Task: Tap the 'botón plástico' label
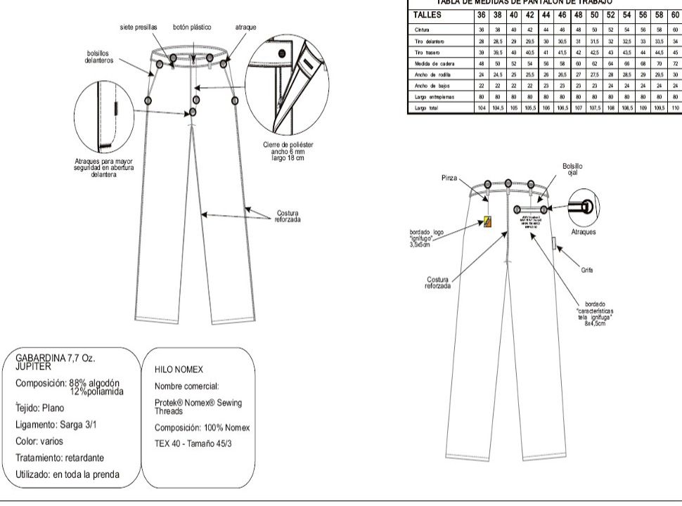(192, 27)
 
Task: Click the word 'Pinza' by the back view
(449, 178)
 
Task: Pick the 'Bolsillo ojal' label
(572, 170)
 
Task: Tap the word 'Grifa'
(587, 269)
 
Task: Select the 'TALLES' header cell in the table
(427, 15)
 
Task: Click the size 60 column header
(674, 15)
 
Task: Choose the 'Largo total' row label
(427, 108)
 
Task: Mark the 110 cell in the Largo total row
(674, 108)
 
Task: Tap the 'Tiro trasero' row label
(427, 52)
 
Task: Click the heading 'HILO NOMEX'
(179, 368)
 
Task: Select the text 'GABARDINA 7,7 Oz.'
(55, 358)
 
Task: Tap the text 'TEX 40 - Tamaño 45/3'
(199, 443)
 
